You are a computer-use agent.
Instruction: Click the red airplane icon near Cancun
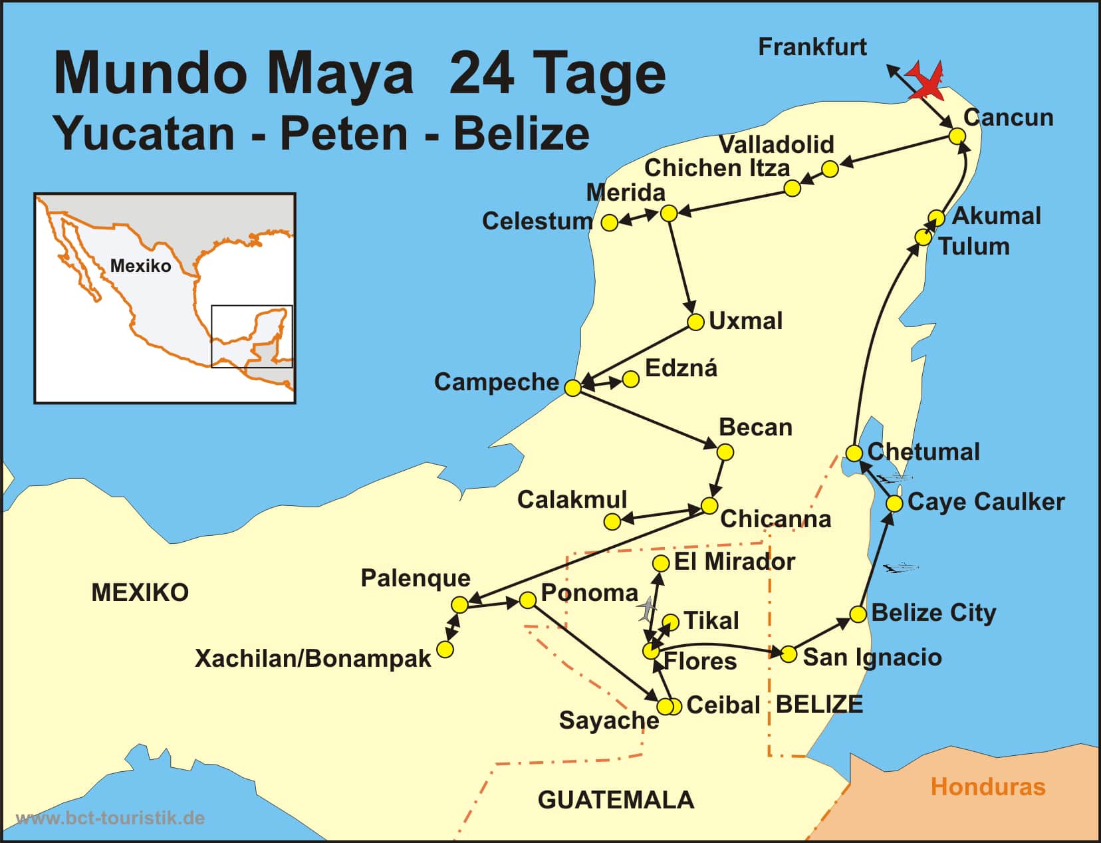pyautogui.click(x=926, y=82)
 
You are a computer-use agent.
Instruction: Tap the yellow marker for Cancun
pyautogui.click(x=957, y=136)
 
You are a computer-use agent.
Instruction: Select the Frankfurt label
pyautogui.click(x=812, y=47)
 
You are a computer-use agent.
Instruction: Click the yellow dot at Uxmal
pyautogui.click(x=695, y=322)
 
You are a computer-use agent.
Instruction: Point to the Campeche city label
pyautogui.click(x=496, y=382)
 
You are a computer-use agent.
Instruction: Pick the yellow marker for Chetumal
pyautogui.click(x=854, y=453)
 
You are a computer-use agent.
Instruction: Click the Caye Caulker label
pyautogui.click(x=985, y=502)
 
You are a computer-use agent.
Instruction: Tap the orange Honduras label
pyautogui.click(x=988, y=787)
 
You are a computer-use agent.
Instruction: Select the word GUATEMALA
pyautogui.click(x=616, y=800)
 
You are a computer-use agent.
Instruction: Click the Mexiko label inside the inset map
pyautogui.click(x=140, y=266)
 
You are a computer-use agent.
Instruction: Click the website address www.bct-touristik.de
pyautogui.click(x=110, y=818)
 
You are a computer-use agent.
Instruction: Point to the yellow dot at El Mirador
pyautogui.click(x=661, y=564)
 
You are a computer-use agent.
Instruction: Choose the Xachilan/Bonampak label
pyautogui.click(x=312, y=659)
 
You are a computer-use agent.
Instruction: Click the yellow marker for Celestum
pyautogui.click(x=609, y=223)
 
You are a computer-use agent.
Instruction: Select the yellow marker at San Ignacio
pyautogui.click(x=788, y=654)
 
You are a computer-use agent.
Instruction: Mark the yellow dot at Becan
pyautogui.click(x=725, y=453)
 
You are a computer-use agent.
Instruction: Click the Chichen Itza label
pyautogui.click(x=717, y=168)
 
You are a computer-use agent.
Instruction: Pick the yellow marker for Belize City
pyautogui.click(x=858, y=614)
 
